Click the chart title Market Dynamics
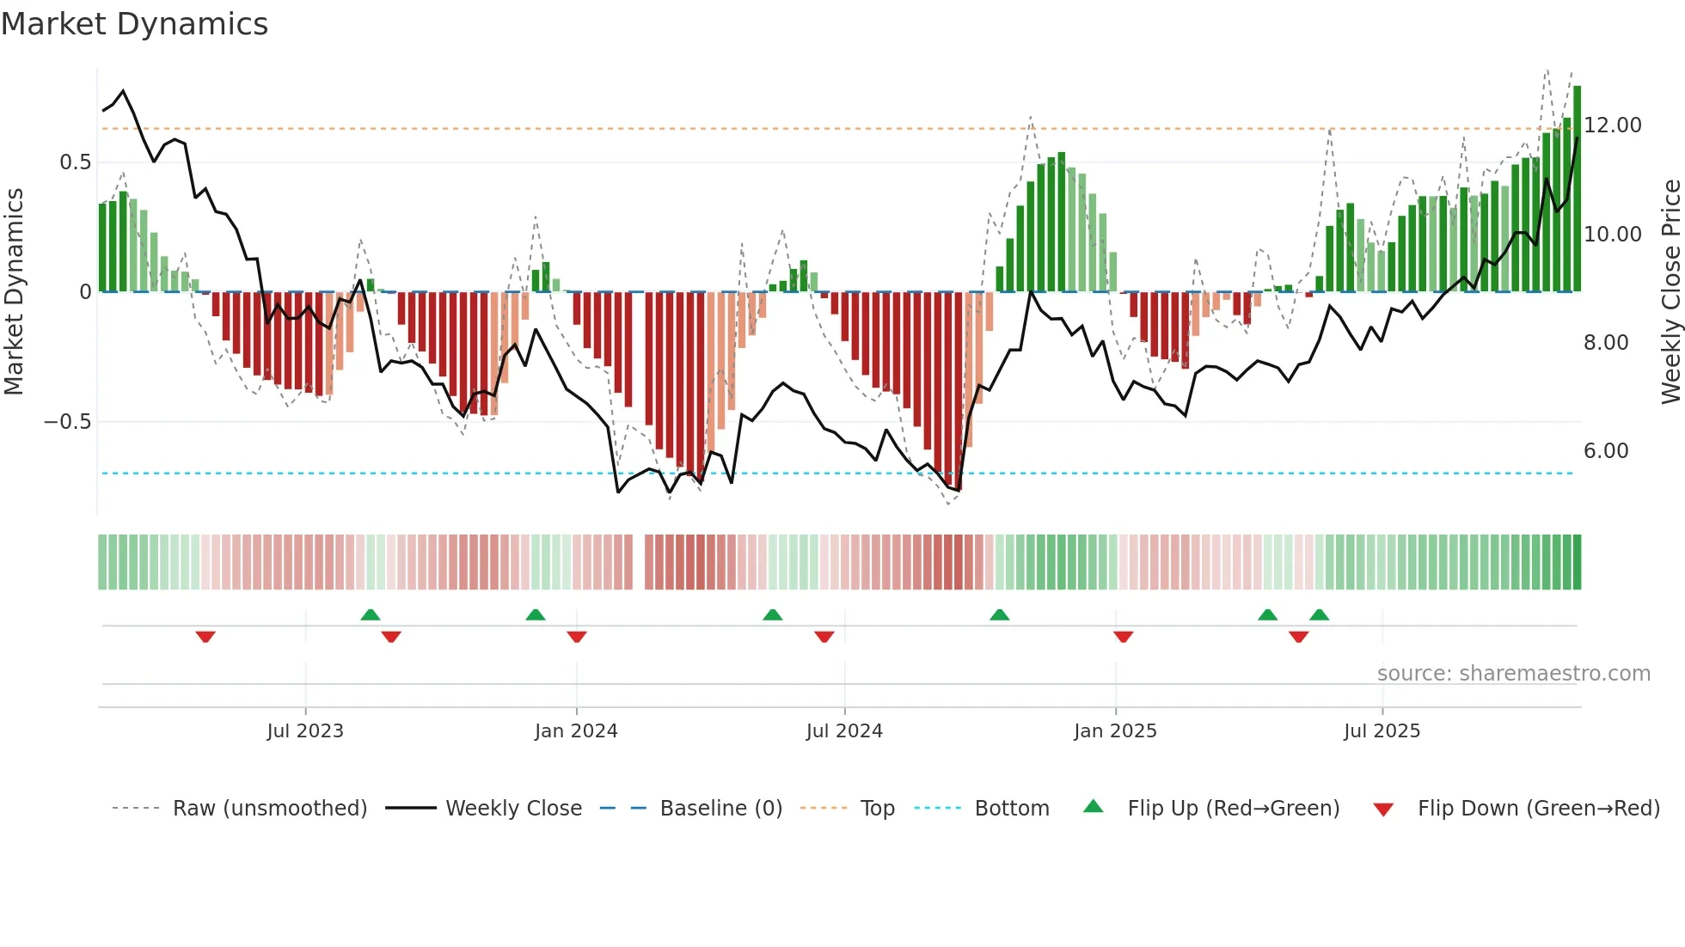click(134, 24)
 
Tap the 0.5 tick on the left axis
click(75, 162)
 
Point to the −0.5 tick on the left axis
click(67, 422)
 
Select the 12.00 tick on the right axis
click(1612, 125)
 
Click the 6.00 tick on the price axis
click(1605, 451)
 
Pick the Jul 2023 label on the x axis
click(304, 731)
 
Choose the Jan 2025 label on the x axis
click(1114, 731)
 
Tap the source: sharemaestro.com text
click(1513, 674)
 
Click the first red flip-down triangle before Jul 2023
click(205, 637)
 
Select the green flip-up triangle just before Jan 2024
click(535, 614)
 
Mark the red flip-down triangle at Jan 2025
click(1123, 637)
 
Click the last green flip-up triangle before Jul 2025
click(1319, 614)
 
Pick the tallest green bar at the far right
click(1577, 189)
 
